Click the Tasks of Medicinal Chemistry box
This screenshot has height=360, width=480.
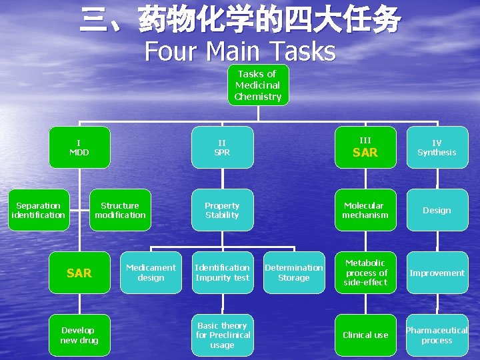(258, 85)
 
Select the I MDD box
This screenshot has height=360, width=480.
(79, 147)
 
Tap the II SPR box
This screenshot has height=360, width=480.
(222, 147)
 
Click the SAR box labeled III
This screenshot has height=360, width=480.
(365, 147)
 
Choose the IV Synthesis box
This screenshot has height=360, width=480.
(437, 147)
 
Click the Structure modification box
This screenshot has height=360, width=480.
(120, 210)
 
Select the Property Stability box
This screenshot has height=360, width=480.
(222, 210)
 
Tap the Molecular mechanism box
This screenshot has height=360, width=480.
(365, 210)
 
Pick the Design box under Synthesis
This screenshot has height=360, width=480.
(437, 210)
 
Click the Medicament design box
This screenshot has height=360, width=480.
(151, 273)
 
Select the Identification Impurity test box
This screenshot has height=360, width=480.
(222, 273)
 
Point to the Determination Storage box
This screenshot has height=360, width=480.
(294, 273)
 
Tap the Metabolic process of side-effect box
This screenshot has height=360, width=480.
(365, 273)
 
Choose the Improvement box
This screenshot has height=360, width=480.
(437, 273)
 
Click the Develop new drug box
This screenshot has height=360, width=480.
(79, 335)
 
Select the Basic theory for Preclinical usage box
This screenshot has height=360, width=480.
(222, 335)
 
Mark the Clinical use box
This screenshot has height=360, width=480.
(365, 335)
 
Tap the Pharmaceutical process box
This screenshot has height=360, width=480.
(437, 335)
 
